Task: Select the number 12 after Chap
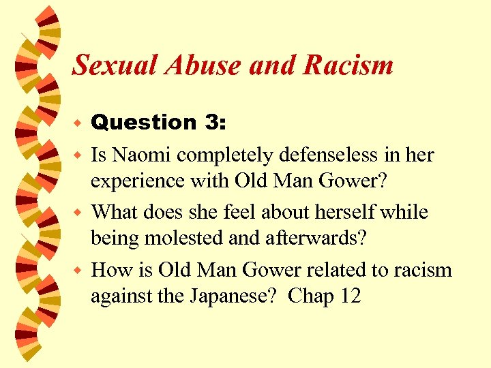pyautogui.click(x=351, y=296)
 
